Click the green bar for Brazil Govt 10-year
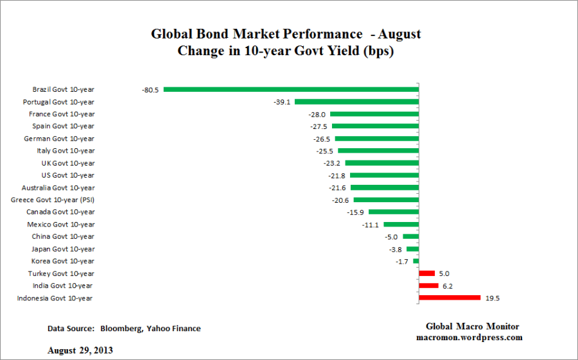(291, 90)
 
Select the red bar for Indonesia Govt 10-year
(450, 298)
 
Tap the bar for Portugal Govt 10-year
(356, 102)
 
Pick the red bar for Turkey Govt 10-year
(426, 273)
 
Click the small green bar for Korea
(416, 261)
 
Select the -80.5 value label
(150, 90)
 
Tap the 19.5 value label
(493, 298)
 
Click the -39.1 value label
(283, 102)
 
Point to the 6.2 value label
(448, 286)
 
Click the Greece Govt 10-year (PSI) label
(53, 200)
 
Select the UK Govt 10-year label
(67, 163)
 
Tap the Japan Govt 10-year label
(63, 249)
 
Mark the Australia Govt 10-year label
(58, 188)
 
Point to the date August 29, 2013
(80, 351)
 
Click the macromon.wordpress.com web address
(469, 338)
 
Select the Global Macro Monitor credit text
(472, 327)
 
